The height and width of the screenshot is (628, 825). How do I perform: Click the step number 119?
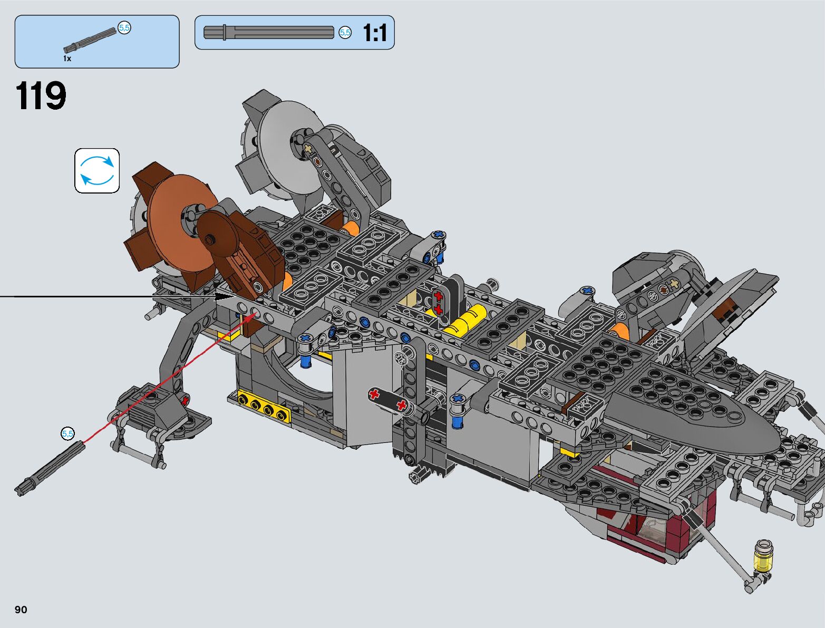coord(41,96)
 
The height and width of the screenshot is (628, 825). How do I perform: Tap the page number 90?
coord(21,609)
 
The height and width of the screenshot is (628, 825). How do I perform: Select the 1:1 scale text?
coord(375,33)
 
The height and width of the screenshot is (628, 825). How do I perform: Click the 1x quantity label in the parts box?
coord(67,58)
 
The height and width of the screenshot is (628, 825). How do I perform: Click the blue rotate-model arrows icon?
coord(97,171)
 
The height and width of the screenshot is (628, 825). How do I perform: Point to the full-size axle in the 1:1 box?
coord(268,32)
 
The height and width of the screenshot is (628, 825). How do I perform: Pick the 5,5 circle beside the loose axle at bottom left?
coord(67,434)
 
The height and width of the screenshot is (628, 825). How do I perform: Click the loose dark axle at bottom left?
coord(50,468)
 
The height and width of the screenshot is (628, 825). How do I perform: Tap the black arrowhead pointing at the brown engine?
coord(224,296)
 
